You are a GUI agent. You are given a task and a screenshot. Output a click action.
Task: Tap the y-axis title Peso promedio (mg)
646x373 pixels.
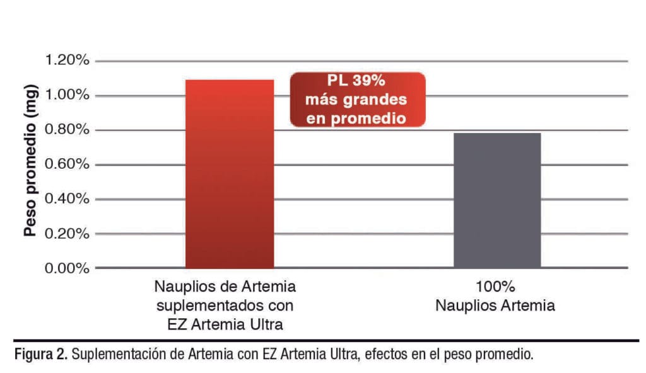click(x=29, y=163)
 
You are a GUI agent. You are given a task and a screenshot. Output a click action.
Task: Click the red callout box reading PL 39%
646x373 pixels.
click(x=357, y=100)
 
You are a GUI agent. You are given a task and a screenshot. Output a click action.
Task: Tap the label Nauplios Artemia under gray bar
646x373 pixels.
click(x=497, y=307)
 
